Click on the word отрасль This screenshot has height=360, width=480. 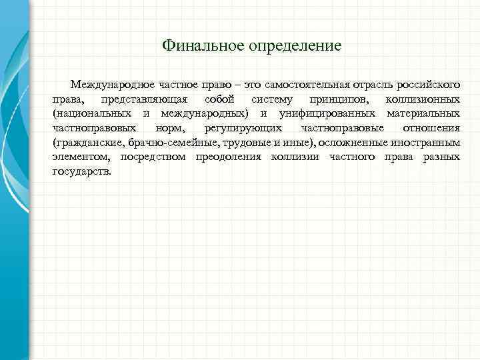[x=376, y=85]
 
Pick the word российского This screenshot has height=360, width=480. [x=429, y=85]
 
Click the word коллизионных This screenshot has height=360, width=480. [x=423, y=99]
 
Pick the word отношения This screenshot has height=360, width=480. [x=433, y=128]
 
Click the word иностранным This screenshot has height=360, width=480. [x=427, y=143]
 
